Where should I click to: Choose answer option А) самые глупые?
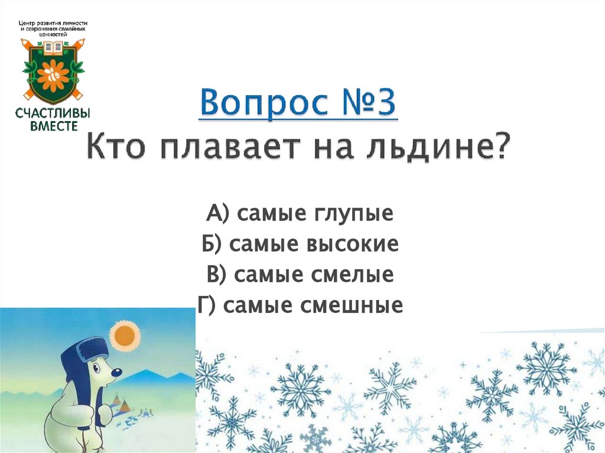pyautogui.click(x=300, y=213)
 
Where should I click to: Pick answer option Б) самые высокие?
pyautogui.click(x=300, y=244)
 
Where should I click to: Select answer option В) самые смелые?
pyautogui.click(x=300, y=275)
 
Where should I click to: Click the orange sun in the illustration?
pyautogui.click(x=125, y=335)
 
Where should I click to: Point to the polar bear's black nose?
pyautogui.click(x=119, y=372)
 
